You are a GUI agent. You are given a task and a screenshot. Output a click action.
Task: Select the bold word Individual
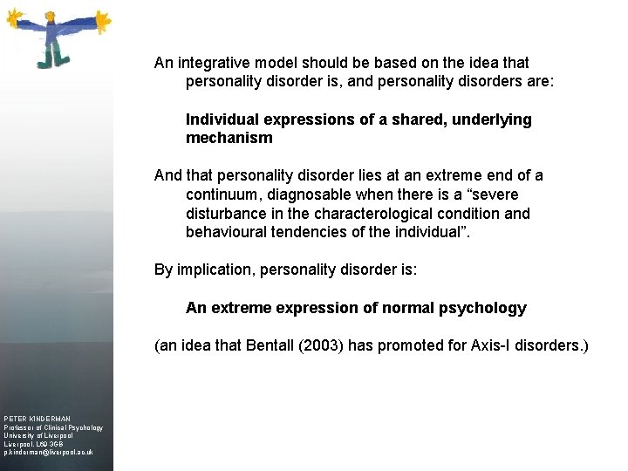pyautogui.click(x=222, y=119)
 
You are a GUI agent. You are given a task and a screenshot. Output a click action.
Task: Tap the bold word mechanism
pyautogui.click(x=229, y=138)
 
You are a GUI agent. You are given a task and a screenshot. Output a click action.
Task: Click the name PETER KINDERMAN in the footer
pyautogui.click(x=37, y=420)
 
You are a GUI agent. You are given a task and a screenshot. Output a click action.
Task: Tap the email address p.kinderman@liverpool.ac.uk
pyautogui.click(x=48, y=453)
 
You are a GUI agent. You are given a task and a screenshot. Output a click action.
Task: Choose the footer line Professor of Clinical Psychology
pyautogui.click(x=52, y=428)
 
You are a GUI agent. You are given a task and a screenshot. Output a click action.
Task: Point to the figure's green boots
pyautogui.click(x=51, y=60)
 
